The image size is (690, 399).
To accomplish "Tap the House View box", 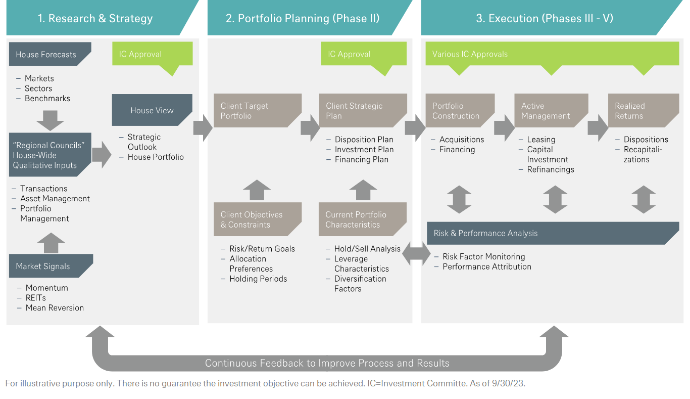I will tap(152, 110).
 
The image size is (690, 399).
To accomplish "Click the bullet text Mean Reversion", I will tap(55, 307).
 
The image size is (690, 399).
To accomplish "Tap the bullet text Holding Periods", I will tap(258, 279).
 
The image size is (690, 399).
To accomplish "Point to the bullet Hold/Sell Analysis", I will tap(367, 249).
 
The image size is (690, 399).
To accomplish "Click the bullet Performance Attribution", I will tap(487, 267).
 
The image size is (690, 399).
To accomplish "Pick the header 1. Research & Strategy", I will tap(95, 19).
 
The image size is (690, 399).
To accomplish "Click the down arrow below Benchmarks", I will tap(50, 120).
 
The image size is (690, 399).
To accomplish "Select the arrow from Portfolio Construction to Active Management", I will tap(504, 127).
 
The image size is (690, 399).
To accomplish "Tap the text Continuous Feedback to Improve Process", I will tap(327, 363).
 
